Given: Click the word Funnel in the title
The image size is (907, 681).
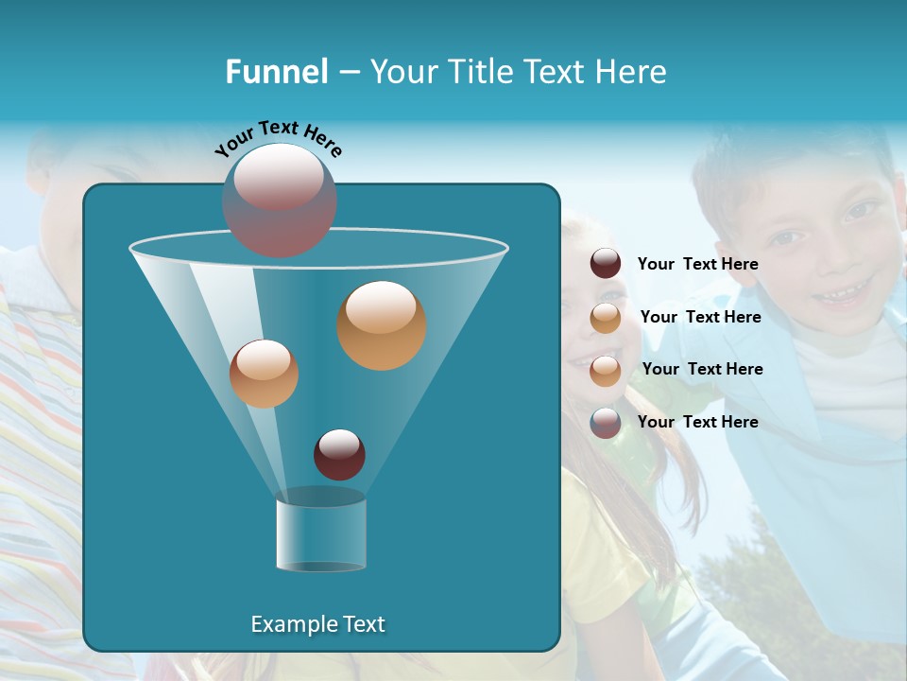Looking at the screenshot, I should click(276, 72).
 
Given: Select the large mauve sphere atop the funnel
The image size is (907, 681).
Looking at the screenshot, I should click(280, 200).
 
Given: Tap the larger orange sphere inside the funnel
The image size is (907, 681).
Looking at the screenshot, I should click(382, 325).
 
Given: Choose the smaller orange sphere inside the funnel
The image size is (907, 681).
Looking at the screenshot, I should click(264, 374).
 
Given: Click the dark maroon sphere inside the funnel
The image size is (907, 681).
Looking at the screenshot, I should click(339, 454).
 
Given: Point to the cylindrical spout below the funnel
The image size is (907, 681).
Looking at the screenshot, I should click(321, 534).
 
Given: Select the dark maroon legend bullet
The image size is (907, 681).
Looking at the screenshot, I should click(606, 264).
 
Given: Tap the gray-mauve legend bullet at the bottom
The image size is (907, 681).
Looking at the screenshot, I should click(606, 423).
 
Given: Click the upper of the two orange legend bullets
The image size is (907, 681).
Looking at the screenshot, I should click(606, 318).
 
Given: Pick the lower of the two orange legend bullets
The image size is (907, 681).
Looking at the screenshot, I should click(606, 371).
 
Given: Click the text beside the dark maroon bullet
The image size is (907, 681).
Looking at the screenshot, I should click(697, 264).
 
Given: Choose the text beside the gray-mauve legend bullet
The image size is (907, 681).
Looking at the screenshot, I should click(697, 422).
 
